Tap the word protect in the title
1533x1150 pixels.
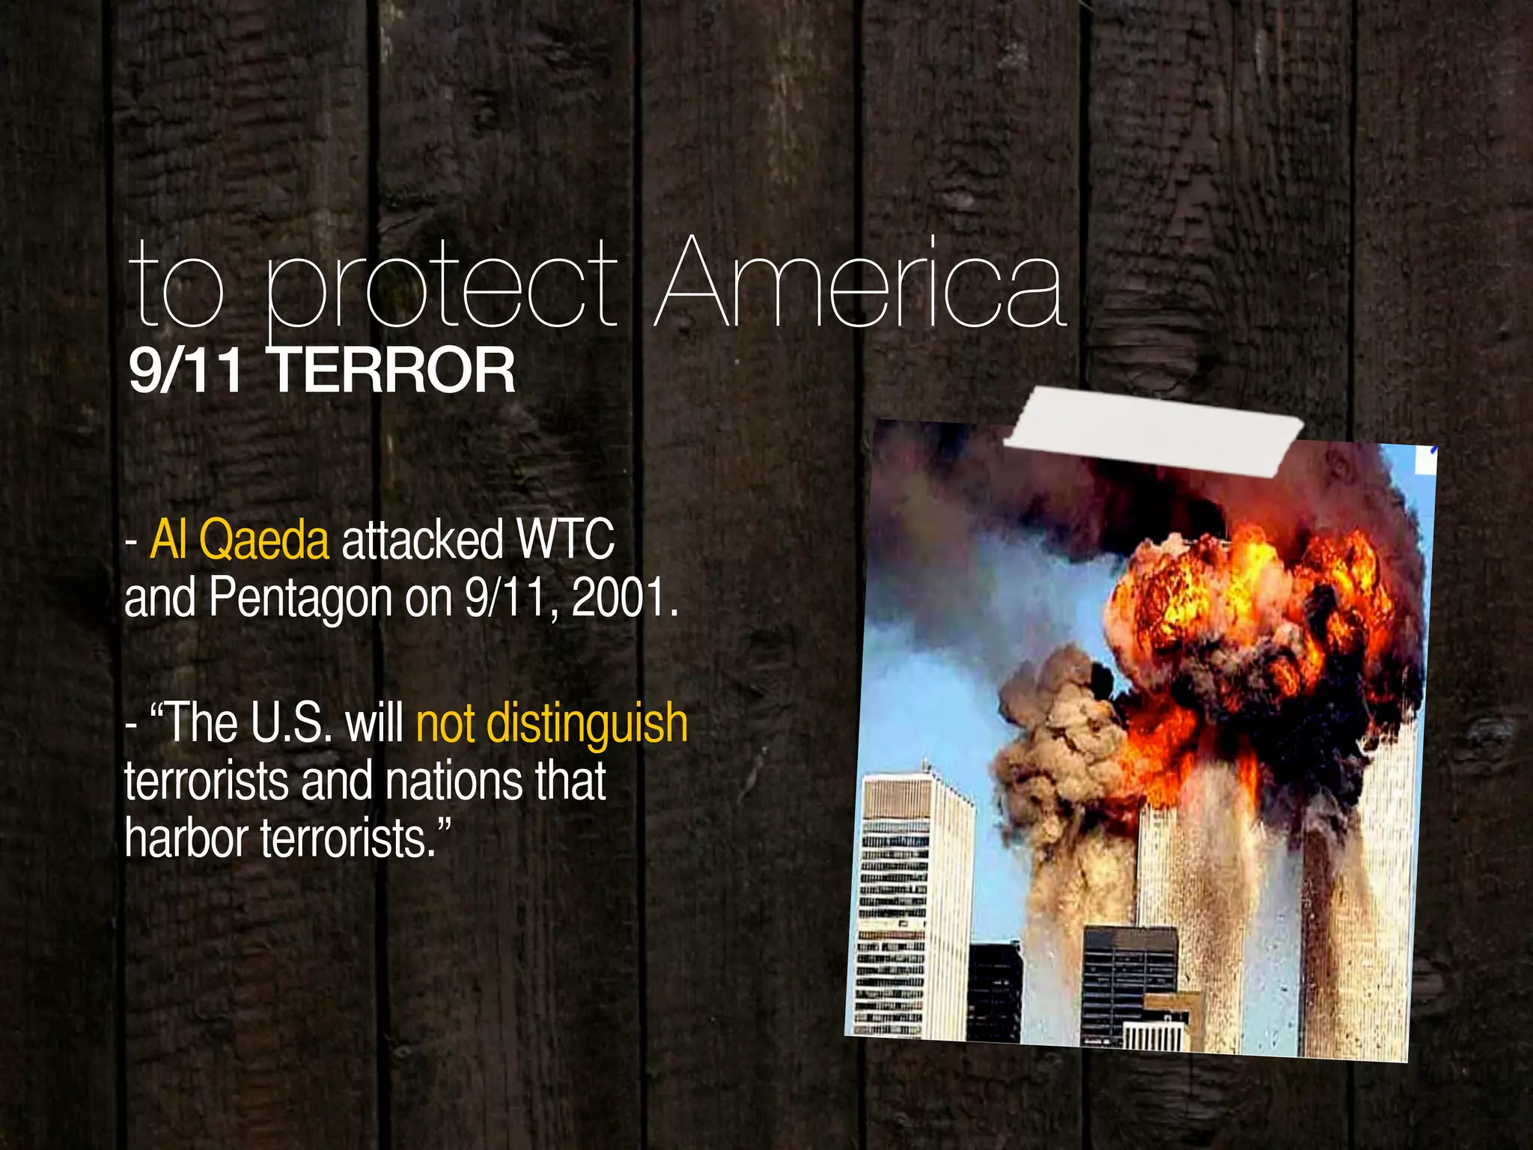pos(442,288)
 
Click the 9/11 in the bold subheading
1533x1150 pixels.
pos(186,370)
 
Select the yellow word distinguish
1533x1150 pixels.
pos(587,723)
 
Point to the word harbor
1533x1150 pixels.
pos(186,839)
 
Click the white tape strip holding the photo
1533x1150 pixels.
pos(1153,431)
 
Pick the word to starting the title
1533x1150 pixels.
pos(177,288)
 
